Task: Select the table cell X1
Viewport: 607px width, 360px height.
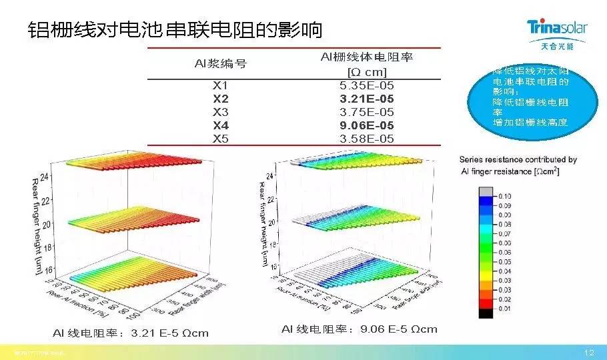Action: (220, 85)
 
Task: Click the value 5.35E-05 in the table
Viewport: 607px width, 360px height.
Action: (366, 85)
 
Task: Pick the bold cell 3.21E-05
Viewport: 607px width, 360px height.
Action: (366, 99)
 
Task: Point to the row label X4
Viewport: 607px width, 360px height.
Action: (220, 125)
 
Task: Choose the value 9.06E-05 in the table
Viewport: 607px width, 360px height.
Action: (366, 125)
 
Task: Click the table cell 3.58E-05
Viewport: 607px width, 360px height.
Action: (366, 139)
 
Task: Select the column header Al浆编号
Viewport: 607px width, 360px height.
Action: (220, 64)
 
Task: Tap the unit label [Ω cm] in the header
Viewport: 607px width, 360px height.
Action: (366, 71)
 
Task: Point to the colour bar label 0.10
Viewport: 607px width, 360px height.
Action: (504, 196)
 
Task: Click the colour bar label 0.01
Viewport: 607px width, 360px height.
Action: (504, 308)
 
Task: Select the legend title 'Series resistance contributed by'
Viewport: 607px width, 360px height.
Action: (518, 160)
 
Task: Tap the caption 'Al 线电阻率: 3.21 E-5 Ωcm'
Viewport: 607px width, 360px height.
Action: (131, 333)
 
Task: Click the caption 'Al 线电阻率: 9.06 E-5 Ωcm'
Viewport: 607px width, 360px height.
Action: (359, 329)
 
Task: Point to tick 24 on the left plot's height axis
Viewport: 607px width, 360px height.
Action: (43, 177)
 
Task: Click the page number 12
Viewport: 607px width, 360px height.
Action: (588, 352)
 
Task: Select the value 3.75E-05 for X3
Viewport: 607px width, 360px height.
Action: (366, 112)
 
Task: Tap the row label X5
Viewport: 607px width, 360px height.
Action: (220, 139)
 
